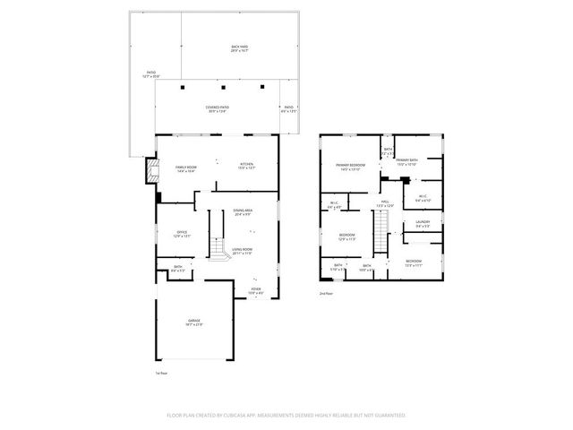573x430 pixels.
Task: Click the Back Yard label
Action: (x=239, y=47)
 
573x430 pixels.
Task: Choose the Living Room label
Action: (x=243, y=251)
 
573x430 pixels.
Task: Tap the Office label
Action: (x=181, y=234)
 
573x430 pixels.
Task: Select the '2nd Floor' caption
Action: (x=327, y=293)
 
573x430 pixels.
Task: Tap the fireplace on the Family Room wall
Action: (x=150, y=170)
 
